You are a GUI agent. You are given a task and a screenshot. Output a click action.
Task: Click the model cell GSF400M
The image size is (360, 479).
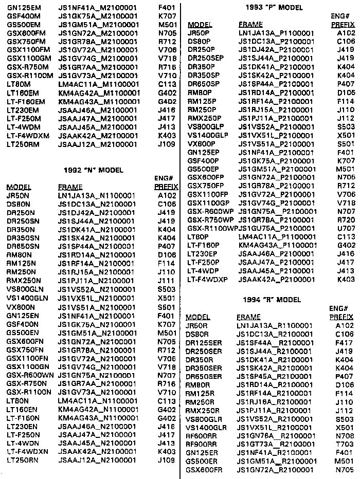coord(20,16)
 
